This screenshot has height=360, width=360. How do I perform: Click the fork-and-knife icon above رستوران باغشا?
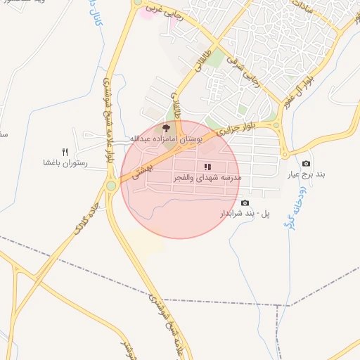click(65, 152)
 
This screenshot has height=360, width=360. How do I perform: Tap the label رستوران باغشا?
click(65, 162)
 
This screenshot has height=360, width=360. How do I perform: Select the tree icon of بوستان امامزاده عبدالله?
click(167, 129)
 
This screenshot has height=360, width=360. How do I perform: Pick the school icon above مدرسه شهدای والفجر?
click(207, 167)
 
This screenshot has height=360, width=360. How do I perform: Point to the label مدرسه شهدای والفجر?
click(207, 179)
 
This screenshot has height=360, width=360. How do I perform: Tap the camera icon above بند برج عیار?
click(306, 164)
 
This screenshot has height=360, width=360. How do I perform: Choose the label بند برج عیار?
click(306, 174)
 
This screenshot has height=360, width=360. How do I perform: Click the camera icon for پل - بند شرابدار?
click(245, 203)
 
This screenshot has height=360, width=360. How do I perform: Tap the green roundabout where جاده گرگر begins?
click(111, 186)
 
